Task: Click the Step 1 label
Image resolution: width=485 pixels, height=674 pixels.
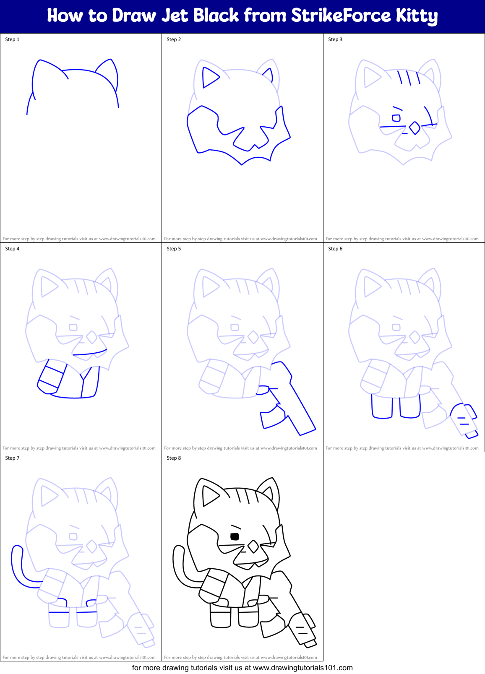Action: tap(12, 39)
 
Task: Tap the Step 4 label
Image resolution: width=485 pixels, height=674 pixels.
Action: tap(12, 249)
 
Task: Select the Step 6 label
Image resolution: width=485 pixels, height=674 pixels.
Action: tap(335, 249)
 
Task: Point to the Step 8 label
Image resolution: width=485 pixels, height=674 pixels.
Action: tap(174, 458)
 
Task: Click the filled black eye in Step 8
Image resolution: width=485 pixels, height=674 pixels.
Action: tap(235, 536)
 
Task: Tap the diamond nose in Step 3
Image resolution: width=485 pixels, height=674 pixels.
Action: tap(415, 128)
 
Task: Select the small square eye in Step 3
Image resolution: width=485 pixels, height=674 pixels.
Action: tap(396, 118)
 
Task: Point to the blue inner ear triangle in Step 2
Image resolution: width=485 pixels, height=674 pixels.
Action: tap(209, 78)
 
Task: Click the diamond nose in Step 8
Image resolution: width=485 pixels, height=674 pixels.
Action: tap(253, 546)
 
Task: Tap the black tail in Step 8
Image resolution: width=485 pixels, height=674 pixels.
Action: tap(178, 566)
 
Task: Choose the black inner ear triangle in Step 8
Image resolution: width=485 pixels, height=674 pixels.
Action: tap(209, 496)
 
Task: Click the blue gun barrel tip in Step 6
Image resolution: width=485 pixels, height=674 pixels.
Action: tap(472, 435)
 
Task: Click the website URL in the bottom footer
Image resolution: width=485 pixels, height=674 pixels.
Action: tap(302, 668)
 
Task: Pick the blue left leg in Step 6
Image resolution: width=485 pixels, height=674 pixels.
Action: tap(382, 407)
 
